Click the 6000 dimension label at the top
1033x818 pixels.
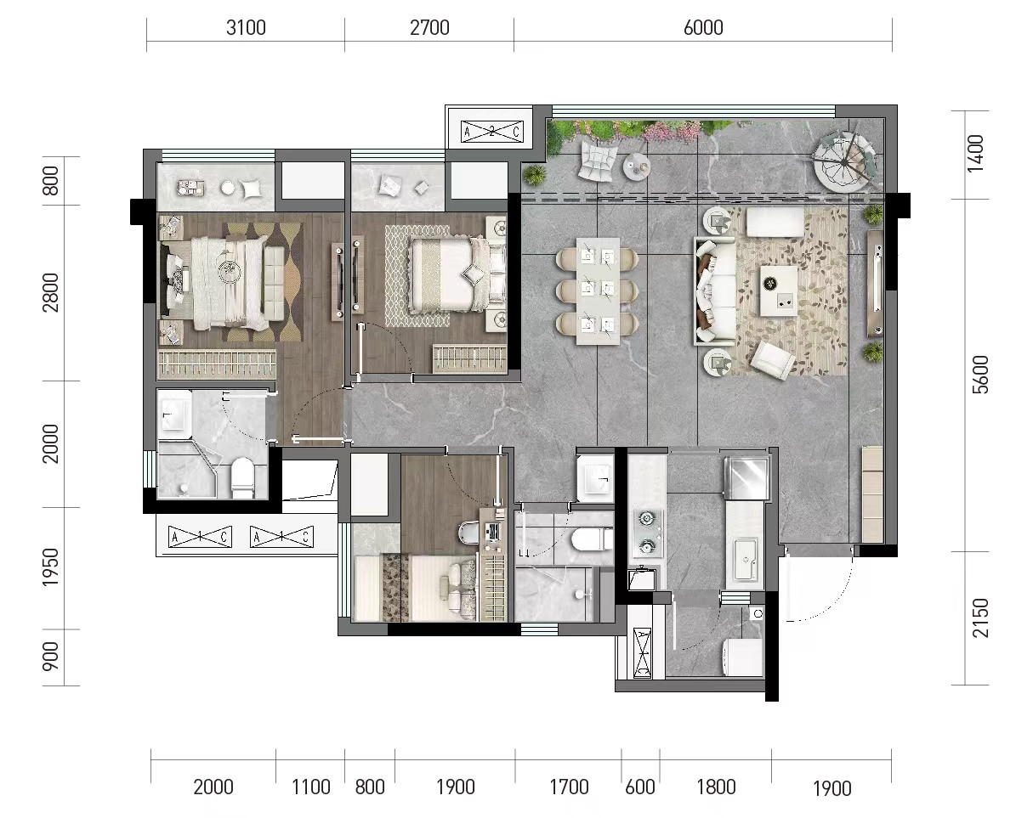(x=703, y=28)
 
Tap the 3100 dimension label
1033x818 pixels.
(x=246, y=28)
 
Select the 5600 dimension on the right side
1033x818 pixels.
(x=979, y=375)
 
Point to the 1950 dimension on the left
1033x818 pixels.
(x=51, y=567)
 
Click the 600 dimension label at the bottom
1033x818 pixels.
(x=640, y=787)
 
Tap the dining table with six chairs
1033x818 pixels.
(x=598, y=291)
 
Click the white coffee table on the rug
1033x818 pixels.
(x=779, y=291)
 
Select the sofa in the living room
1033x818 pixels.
(x=715, y=291)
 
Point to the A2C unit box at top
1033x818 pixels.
(x=492, y=131)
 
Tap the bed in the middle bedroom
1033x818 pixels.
(x=456, y=274)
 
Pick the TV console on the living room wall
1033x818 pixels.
(x=876, y=284)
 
